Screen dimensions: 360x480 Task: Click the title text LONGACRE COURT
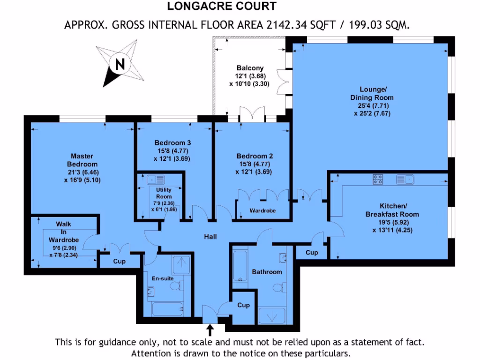point(222,6)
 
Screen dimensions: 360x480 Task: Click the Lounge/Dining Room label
point(373,93)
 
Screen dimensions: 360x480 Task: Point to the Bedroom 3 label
point(172,142)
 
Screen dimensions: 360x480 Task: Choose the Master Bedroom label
point(82,160)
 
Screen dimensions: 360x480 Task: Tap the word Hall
point(210,237)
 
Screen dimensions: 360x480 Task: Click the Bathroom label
point(267,272)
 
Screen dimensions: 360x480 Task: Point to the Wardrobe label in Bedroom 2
point(262,211)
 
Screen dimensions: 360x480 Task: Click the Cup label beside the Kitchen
point(312,253)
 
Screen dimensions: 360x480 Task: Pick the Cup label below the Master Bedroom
point(119,262)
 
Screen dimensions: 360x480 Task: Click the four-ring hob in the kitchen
point(377,179)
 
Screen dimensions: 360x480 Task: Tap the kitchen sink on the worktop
point(404,179)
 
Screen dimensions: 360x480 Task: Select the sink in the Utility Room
point(155,179)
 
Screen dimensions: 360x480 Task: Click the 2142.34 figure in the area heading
point(285,25)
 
